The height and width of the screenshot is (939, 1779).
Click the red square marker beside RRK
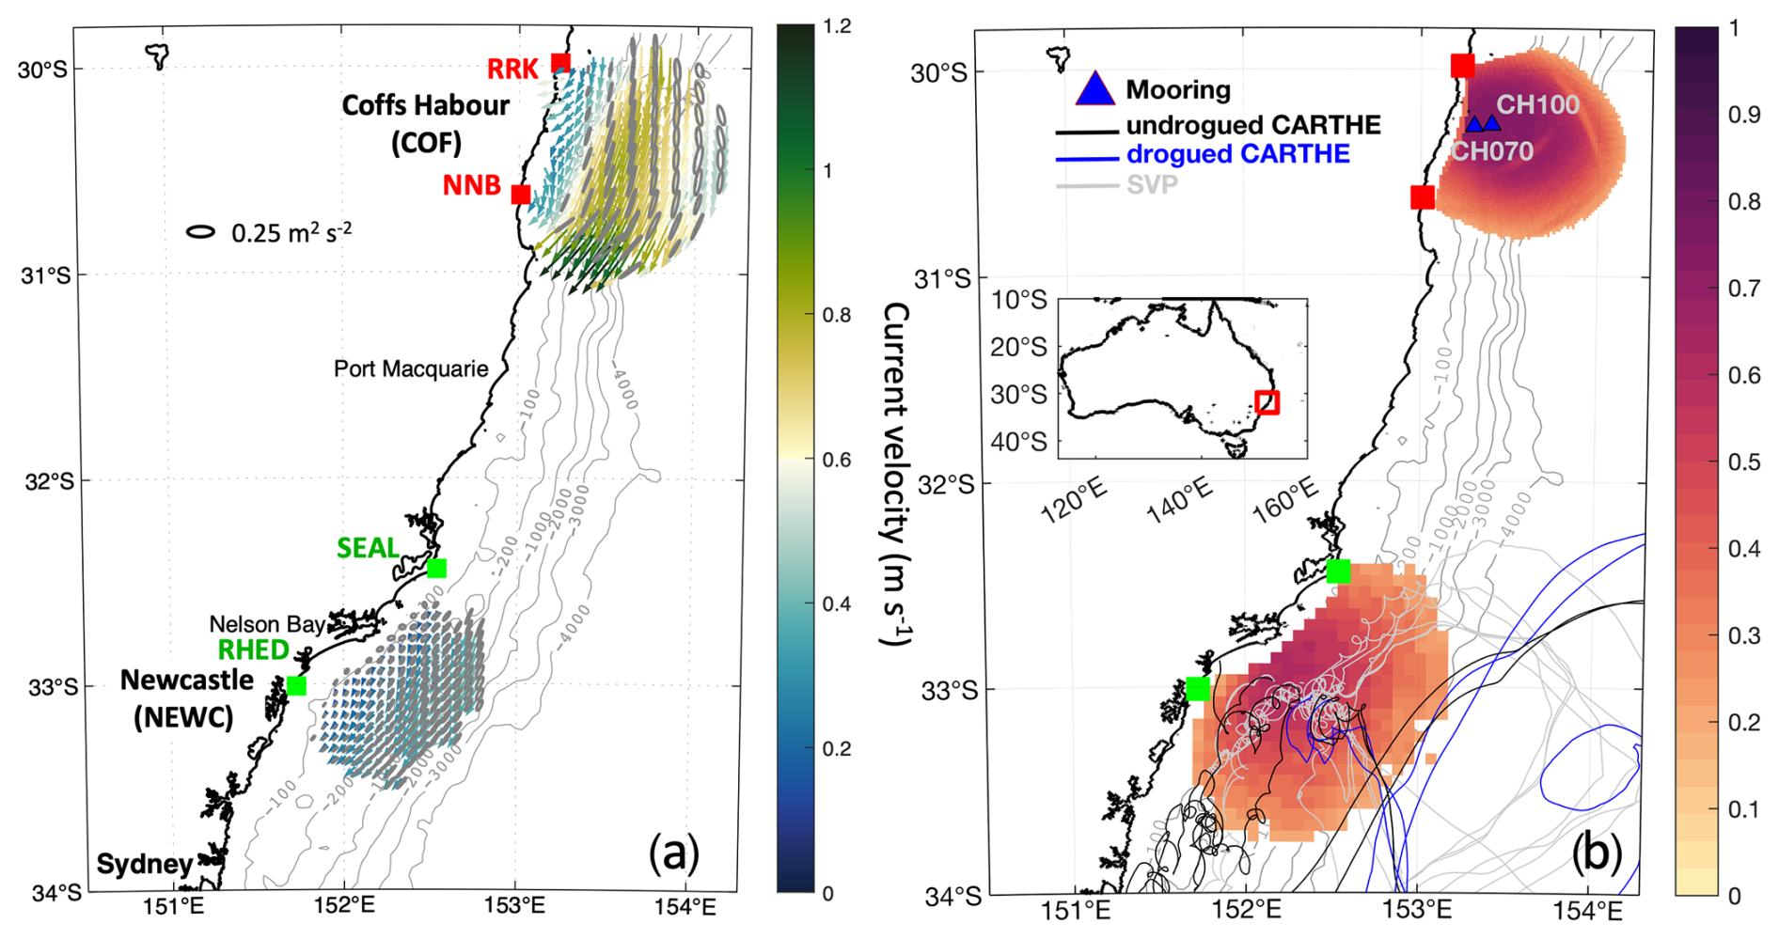pos(560,63)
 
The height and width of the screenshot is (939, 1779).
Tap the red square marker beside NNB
pos(520,195)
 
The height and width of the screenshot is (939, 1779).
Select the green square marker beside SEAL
pos(436,568)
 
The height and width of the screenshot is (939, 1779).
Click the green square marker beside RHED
pos(296,685)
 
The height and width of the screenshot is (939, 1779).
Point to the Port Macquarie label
pos(411,368)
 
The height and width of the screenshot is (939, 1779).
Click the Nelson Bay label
pos(267,624)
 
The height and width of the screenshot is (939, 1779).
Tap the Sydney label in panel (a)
pos(144,864)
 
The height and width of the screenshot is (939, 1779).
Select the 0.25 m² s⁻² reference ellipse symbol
pos(200,231)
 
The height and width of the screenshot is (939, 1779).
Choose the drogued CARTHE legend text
pos(1237,153)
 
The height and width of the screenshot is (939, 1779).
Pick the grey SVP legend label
pos(1152,184)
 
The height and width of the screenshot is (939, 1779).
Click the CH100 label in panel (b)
pos(1537,104)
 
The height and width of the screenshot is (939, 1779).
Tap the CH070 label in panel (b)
pos(1492,150)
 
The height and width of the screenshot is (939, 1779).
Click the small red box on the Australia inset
pos(1267,402)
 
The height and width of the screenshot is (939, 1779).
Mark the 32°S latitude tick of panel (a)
pos(49,481)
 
